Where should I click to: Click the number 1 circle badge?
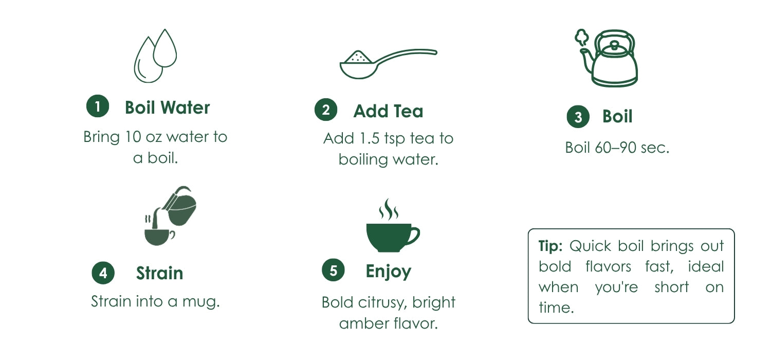pyautogui.click(x=98, y=106)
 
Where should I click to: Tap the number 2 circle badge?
pyautogui.click(x=325, y=110)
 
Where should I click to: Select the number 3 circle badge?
pyautogui.click(x=578, y=117)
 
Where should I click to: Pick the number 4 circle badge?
pyautogui.click(x=103, y=273)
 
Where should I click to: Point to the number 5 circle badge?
pyautogui.click(x=333, y=270)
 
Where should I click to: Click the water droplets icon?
pyautogui.click(x=155, y=56)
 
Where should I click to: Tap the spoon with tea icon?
pyautogui.click(x=388, y=64)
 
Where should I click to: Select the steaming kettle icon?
pyautogui.click(x=607, y=58)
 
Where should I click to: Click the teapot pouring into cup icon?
pyautogui.click(x=170, y=215)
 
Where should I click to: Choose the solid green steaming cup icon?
pyautogui.click(x=393, y=225)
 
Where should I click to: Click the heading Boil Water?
pyautogui.click(x=167, y=107)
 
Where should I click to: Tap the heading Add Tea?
pyautogui.click(x=388, y=111)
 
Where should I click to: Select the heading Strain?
pyautogui.click(x=160, y=273)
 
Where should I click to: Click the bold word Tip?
pyautogui.click(x=550, y=246)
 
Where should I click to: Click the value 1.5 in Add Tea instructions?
pyautogui.click(x=370, y=138)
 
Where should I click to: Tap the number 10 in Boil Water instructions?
pyautogui.click(x=133, y=137)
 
